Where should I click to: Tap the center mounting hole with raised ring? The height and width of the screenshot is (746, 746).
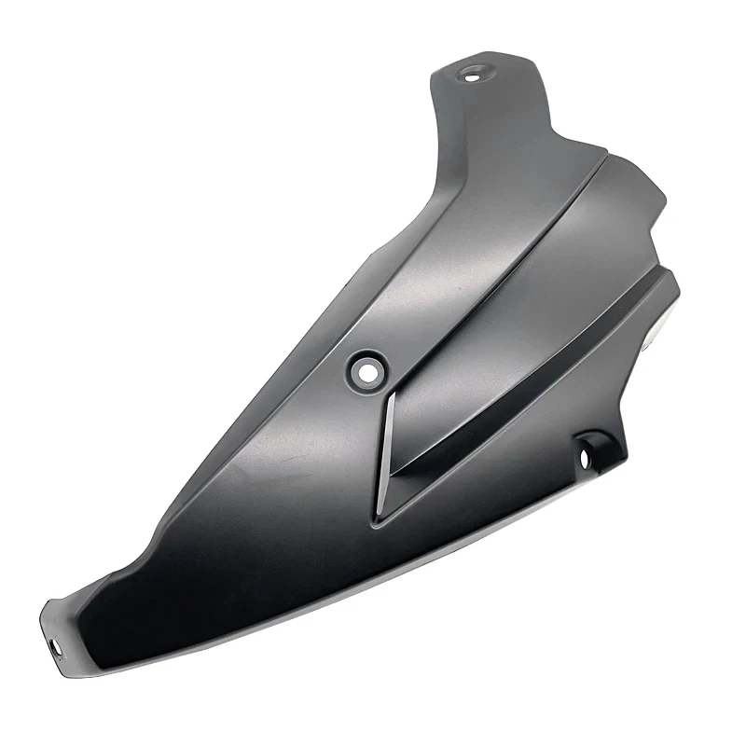click(367, 368)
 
